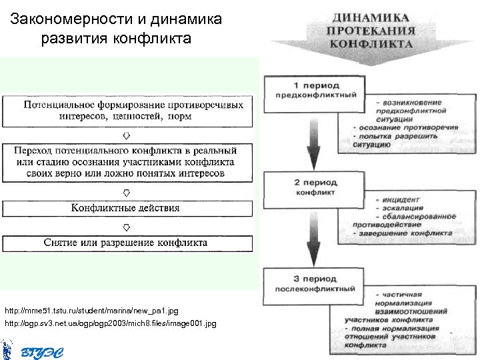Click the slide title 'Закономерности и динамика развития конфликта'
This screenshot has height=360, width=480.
click(117, 29)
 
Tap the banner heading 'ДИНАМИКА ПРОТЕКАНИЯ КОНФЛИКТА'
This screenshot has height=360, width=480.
click(372, 31)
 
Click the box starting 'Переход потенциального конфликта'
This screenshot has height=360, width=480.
click(128, 162)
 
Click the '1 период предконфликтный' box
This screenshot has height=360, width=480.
click(316, 90)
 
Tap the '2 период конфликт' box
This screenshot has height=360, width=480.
click(316, 187)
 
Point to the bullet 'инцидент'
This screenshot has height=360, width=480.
click(399, 199)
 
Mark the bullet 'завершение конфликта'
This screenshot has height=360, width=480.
click(411, 234)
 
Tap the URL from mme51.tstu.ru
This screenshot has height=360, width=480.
click(101, 311)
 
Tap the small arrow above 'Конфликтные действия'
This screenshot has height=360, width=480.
click(127, 193)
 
